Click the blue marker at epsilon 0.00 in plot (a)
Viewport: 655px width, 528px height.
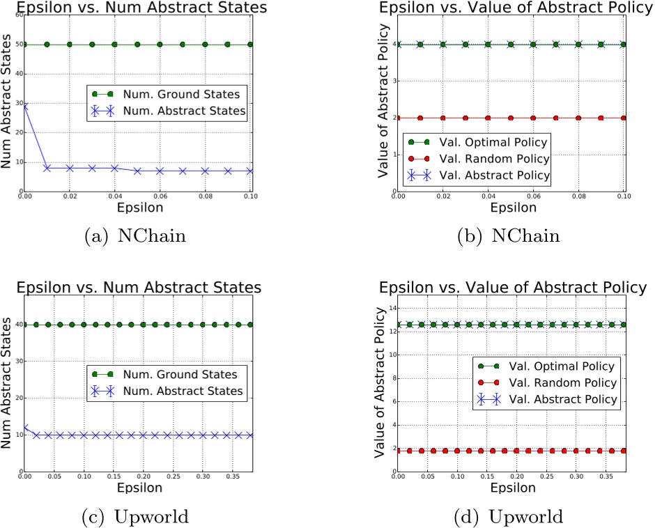coord(24,106)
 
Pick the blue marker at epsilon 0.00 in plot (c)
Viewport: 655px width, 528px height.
coord(24,428)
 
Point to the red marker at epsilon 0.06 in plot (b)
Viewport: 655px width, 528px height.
coord(533,118)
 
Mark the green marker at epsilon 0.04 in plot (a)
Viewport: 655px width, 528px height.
coord(115,45)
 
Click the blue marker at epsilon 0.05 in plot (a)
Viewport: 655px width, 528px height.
coord(137,171)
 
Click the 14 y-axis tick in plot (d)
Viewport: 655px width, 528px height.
coord(392,308)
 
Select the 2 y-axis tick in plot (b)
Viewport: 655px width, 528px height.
coord(393,118)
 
